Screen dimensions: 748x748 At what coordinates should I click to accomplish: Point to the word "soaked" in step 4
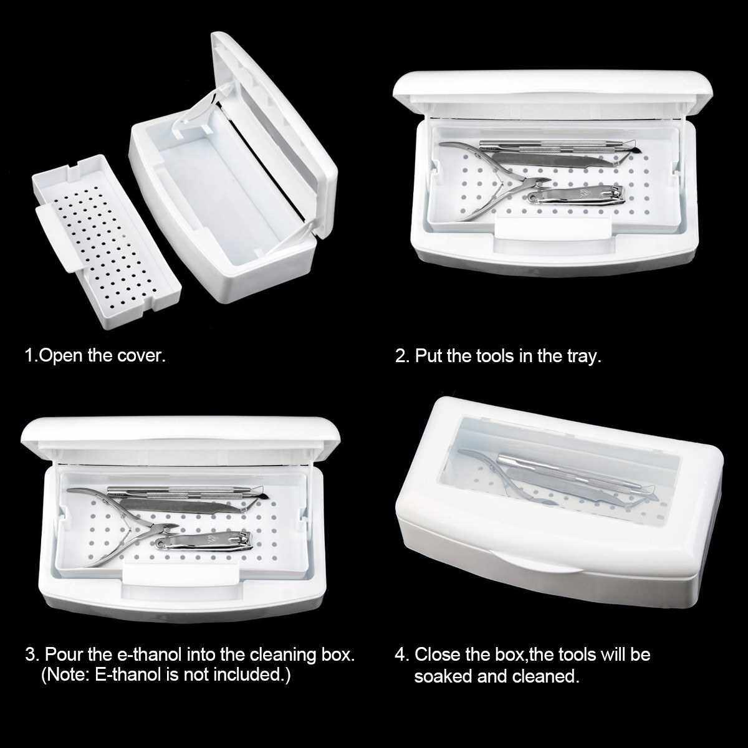[x=443, y=676]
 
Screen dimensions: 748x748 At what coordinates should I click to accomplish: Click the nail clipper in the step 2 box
[x=576, y=195]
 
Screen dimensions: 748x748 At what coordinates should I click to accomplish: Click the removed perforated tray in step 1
[x=107, y=241]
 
